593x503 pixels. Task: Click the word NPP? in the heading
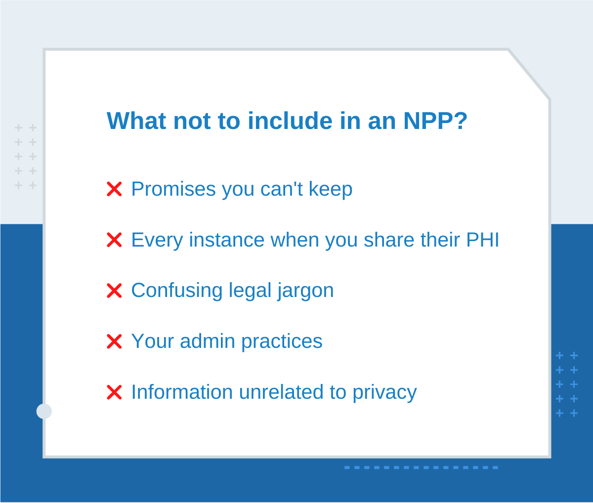[x=435, y=121]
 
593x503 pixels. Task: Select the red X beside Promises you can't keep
[x=114, y=189]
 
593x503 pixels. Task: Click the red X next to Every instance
[x=114, y=240]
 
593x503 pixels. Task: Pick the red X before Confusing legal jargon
[x=114, y=291]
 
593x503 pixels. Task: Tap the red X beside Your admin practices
[x=114, y=341]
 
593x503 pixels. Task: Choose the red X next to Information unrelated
[x=114, y=392]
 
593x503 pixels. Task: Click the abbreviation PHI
[x=483, y=240]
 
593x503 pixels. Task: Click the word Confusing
[x=176, y=291]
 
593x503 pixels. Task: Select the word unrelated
[x=281, y=392]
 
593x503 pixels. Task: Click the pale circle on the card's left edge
[x=44, y=411]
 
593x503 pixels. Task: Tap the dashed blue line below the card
[x=421, y=467]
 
